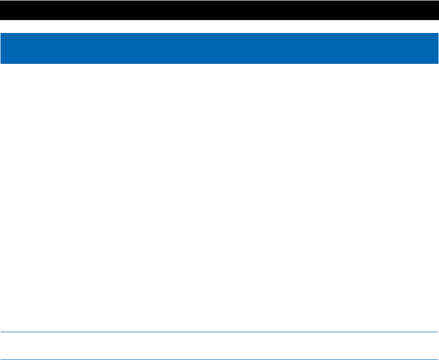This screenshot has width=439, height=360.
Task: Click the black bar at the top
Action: (x=219, y=10)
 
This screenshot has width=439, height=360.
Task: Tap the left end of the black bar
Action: (x=2, y=10)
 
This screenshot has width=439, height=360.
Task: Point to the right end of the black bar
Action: (x=437, y=10)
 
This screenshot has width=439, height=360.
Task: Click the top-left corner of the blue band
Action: (x=1, y=34)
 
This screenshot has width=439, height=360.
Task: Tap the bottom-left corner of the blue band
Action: (x=1, y=63)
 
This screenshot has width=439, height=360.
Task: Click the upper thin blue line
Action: (x=219, y=332)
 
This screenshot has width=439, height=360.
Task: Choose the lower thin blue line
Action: (x=219, y=359)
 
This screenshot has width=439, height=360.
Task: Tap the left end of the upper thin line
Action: (x=2, y=332)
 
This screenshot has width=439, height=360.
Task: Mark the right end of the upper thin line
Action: (x=437, y=332)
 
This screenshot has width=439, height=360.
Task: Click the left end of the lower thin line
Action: (x=2, y=359)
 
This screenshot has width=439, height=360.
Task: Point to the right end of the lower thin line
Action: (x=437, y=359)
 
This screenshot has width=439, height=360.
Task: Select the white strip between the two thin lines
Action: (x=219, y=346)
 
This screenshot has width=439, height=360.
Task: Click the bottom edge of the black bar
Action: (x=219, y=20)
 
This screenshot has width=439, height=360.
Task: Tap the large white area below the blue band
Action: (x=219, y=196)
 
